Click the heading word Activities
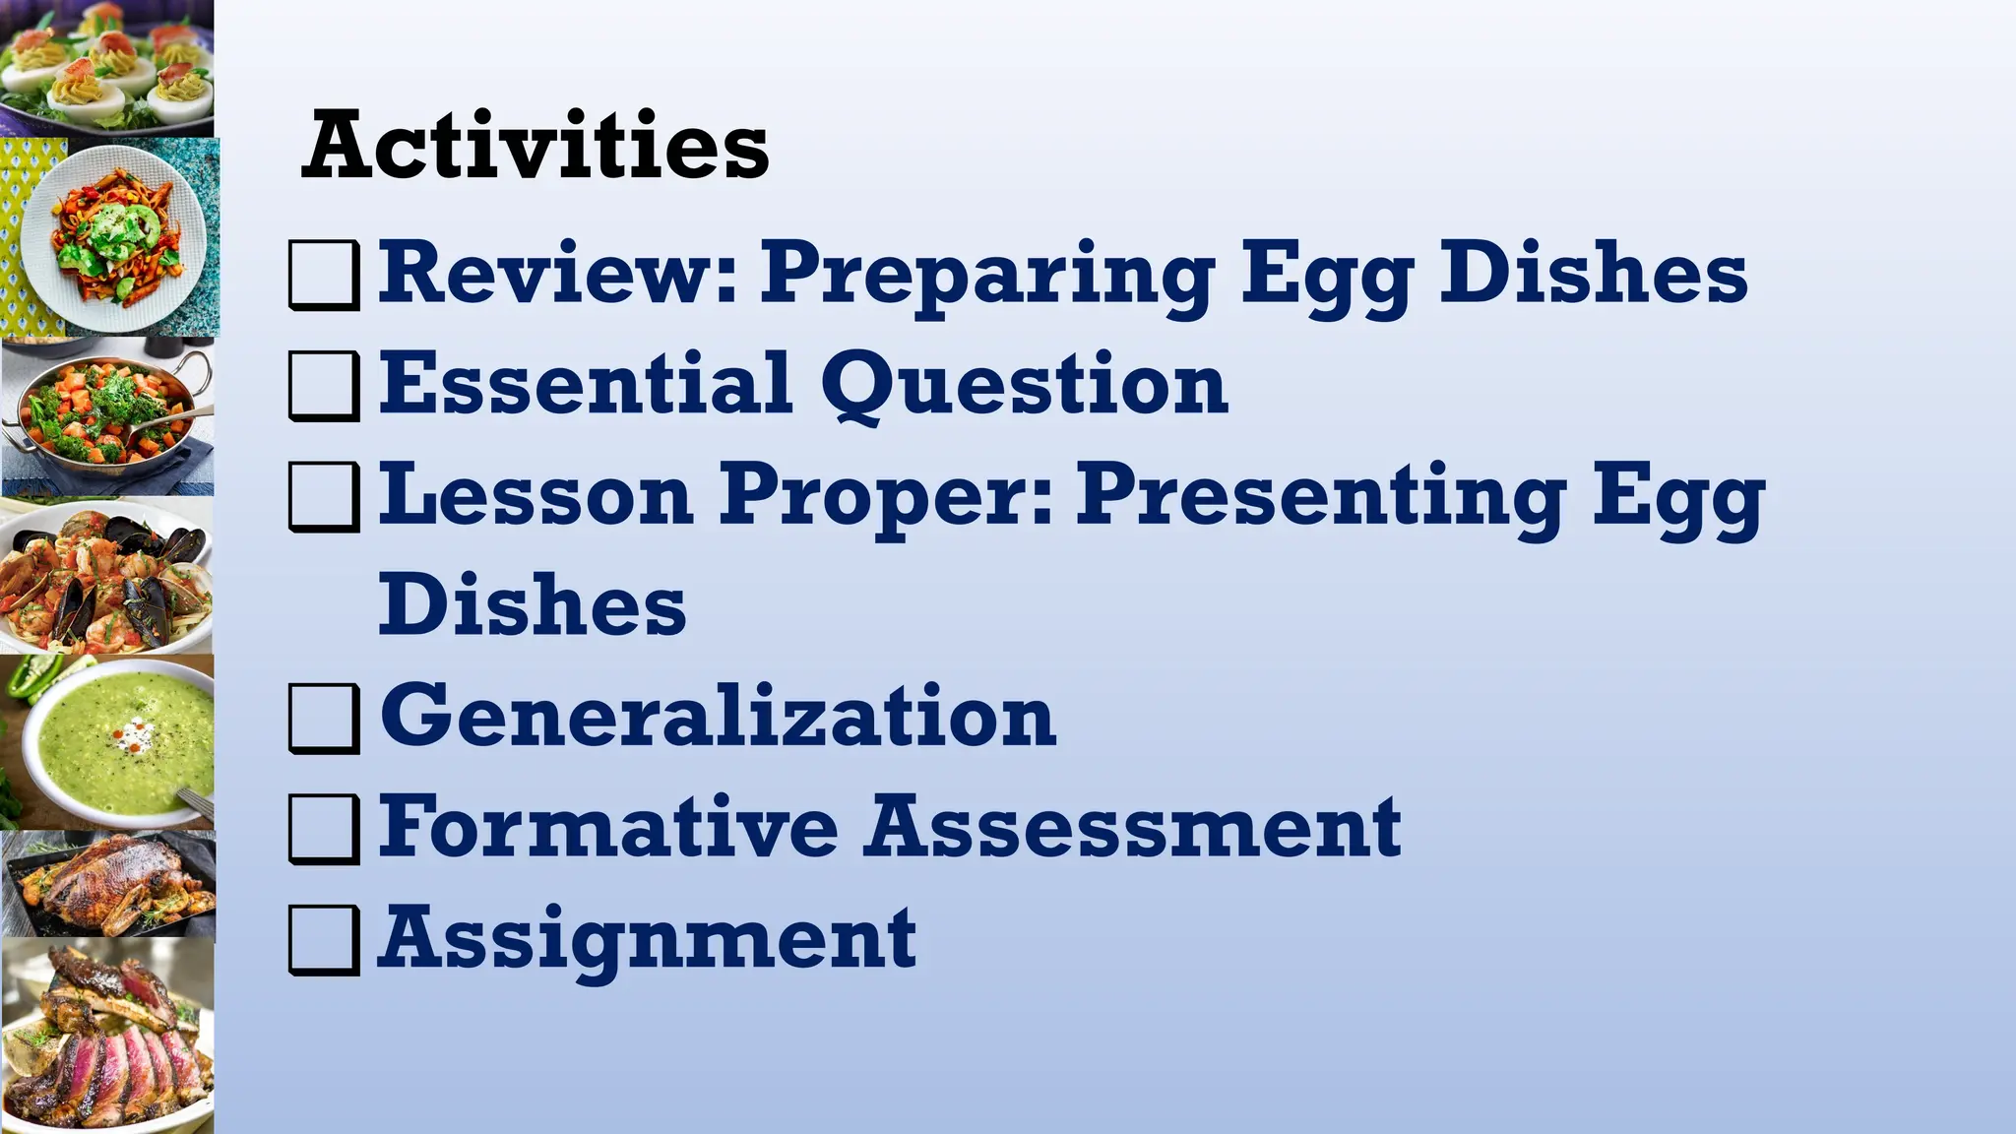coord(535,146)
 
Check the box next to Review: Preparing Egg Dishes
coord(323,275)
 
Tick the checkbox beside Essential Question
coord(323,386)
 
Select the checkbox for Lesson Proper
coord(323,497)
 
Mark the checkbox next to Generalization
coord(323,719)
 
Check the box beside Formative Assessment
coord(323,829)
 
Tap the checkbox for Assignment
coord(323,940)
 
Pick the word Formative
coord(609,827)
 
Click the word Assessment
coord(1133,827)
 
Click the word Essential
coord(587,384)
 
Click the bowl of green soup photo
coord(108,743)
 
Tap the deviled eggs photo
coord(106,67)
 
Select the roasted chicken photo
coord(108,884)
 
